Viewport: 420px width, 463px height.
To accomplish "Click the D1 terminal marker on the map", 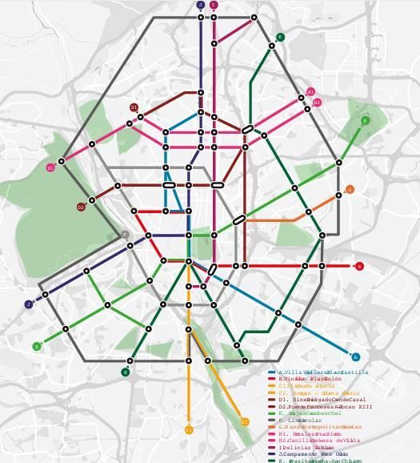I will pos(134,107).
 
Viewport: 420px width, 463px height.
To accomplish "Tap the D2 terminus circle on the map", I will pos(81,207).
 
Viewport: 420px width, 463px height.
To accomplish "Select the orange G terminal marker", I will pos(350,190).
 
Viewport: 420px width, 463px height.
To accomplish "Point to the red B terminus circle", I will pos(359,266).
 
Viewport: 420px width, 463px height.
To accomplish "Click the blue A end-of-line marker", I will pos(356,357).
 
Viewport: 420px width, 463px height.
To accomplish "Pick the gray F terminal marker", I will pos(126,235).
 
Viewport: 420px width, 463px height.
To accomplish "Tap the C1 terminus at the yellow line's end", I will pos(189,430).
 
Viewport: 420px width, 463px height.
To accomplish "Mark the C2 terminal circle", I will pos(245,422).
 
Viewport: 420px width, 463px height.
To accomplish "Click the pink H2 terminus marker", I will pos(317,103).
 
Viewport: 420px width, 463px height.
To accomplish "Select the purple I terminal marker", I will pos(214,5).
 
